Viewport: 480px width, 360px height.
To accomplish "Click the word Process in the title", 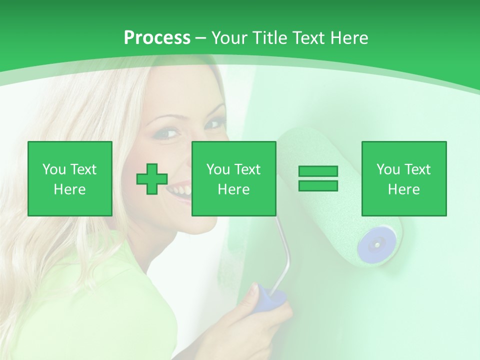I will tap(157, 38).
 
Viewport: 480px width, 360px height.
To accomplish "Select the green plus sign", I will tap(152, 179).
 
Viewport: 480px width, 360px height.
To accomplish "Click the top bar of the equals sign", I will tap(318, 171).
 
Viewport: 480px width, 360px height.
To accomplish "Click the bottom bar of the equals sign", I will tap(318, 186).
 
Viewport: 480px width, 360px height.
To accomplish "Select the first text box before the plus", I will tap(70, 179).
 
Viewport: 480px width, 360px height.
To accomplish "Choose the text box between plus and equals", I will tap(233, 179).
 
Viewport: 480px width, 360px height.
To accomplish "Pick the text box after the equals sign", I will tap(403, 179).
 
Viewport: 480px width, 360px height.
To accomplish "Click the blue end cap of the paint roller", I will tap(376, 244).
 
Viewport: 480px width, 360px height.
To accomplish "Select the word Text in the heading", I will tap(308, 38).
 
